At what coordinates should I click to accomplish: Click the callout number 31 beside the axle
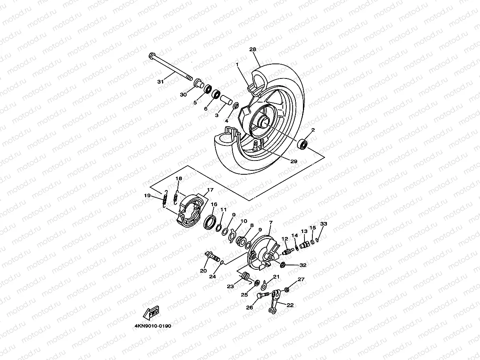(160, 82)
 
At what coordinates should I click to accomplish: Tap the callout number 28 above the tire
(253, 49)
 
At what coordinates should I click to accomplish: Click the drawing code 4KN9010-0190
(153, 326)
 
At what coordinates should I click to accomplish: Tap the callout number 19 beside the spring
(148, 196)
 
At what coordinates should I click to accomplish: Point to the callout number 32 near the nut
(303, 265)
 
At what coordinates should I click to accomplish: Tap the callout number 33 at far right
(323, 224)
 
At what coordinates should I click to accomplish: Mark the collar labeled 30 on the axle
(199, 84)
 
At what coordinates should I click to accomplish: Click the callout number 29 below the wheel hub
(293, 161)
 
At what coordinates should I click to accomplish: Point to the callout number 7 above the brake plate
(271, 222)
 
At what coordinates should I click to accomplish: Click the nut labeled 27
(287, 290)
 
